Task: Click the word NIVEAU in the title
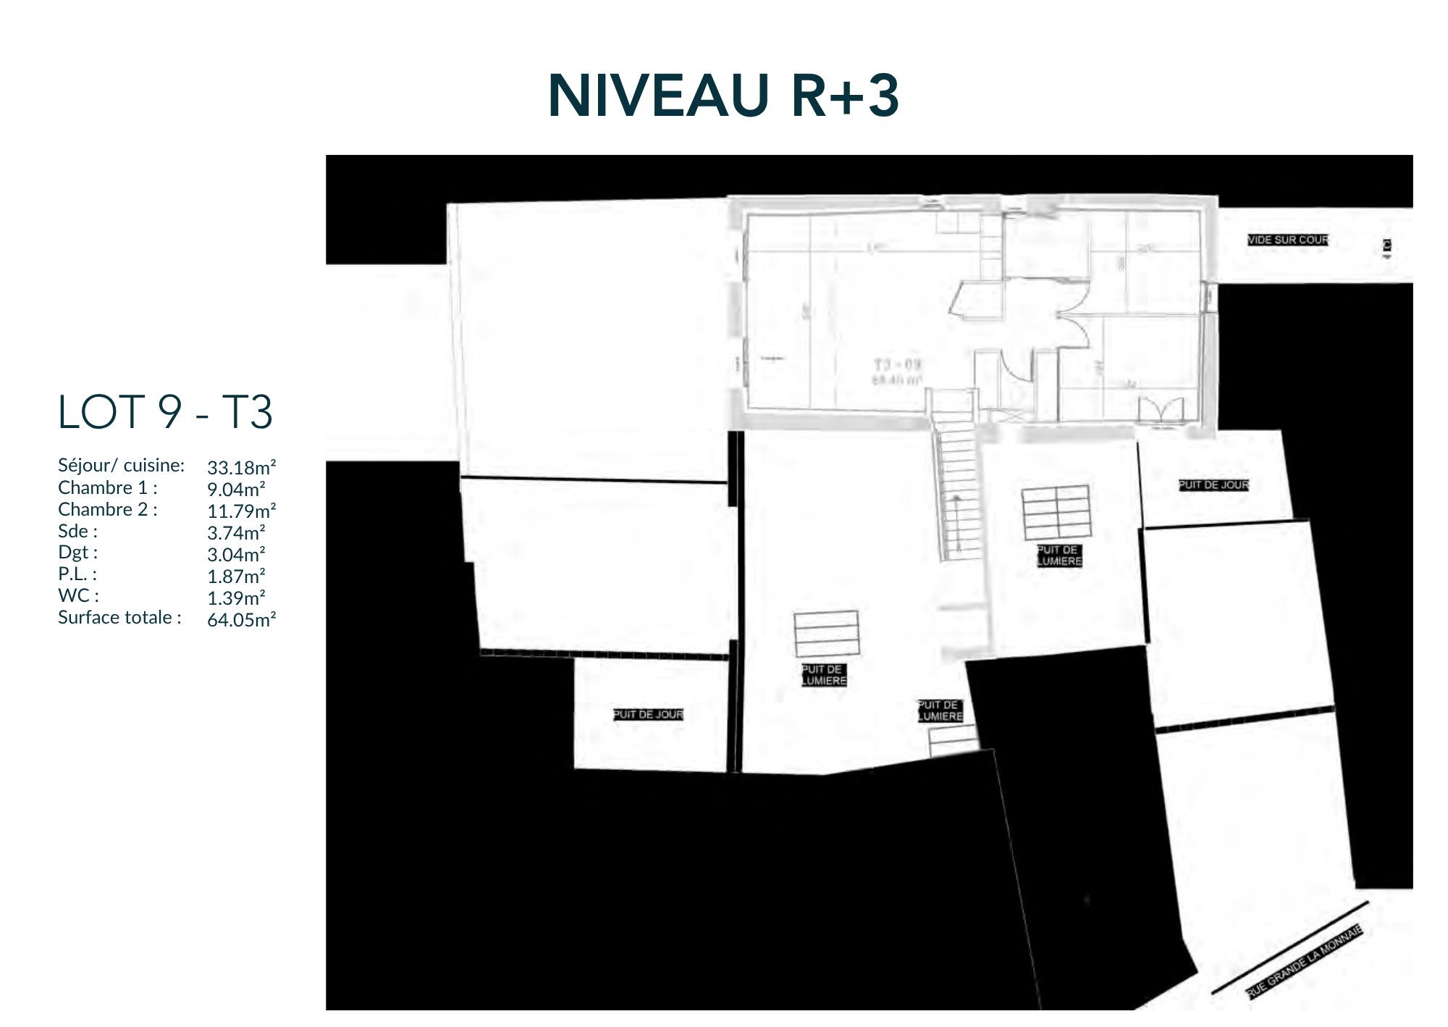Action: [658, 96]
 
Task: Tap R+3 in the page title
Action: [845, 96]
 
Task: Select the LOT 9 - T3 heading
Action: [165, 412]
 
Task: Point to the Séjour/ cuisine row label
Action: [121, 466]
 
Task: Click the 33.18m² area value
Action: [241, 468]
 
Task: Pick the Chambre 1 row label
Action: [107, 487]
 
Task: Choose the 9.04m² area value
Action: [236, 490]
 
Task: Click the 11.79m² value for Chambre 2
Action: [241, 511]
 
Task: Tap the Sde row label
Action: [77, 531]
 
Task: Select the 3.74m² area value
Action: [236, 533]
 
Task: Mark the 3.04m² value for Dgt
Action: [236, 555]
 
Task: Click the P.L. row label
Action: [77, 574]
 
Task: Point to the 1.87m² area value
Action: [236, 577]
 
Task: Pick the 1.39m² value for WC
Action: [236, 598]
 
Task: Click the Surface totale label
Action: [119, 618]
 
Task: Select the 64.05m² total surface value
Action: [241, 620]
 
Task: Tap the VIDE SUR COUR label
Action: [1287, 240]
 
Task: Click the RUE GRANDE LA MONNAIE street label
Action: [1304, 962]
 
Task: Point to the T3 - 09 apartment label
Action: [897, 364]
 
